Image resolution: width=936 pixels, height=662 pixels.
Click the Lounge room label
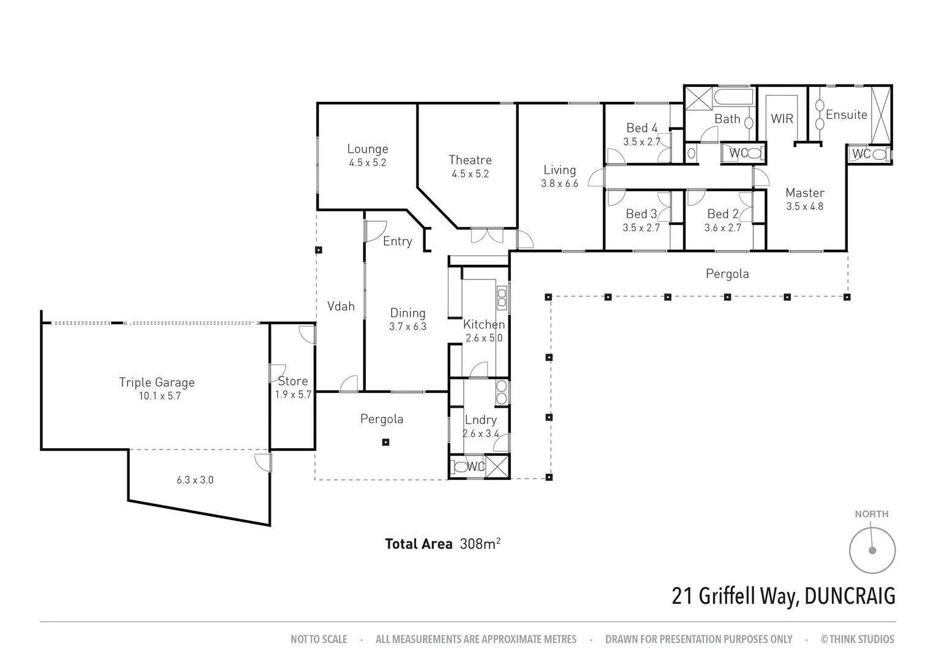[x=368, y=149]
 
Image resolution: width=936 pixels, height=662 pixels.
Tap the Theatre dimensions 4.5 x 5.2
[x=470, y=174]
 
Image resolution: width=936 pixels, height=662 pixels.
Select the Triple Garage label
[x=157, y=382]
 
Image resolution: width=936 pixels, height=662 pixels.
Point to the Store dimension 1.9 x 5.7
[x=293, y=395]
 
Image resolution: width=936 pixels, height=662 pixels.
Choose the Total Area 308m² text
[x=442, y=544]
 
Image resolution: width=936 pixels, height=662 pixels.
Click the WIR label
[x=782, y=119]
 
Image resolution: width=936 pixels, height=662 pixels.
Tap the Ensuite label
[x=846, y=115]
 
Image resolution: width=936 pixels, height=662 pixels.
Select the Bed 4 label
[x=641, y=128]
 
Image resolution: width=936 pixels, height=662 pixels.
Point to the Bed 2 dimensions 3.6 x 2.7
[x=723, y=228]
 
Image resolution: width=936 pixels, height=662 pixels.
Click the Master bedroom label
[x=805, y=193]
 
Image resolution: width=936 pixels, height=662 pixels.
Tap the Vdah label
[x=341, y=306]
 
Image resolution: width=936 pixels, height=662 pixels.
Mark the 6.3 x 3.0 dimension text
[x=195, y=480]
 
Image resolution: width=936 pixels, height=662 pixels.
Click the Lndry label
[x=480, y=420]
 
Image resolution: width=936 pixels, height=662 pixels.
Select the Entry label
[x=397, y=242]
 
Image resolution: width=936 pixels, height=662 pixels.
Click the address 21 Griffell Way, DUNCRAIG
[x=783, y=596]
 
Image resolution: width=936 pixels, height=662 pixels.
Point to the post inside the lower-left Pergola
[x=385, y=442]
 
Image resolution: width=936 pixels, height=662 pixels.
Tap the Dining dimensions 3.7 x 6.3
[x=407, y=327]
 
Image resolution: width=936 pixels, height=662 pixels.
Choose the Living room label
[x=559, y=170]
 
